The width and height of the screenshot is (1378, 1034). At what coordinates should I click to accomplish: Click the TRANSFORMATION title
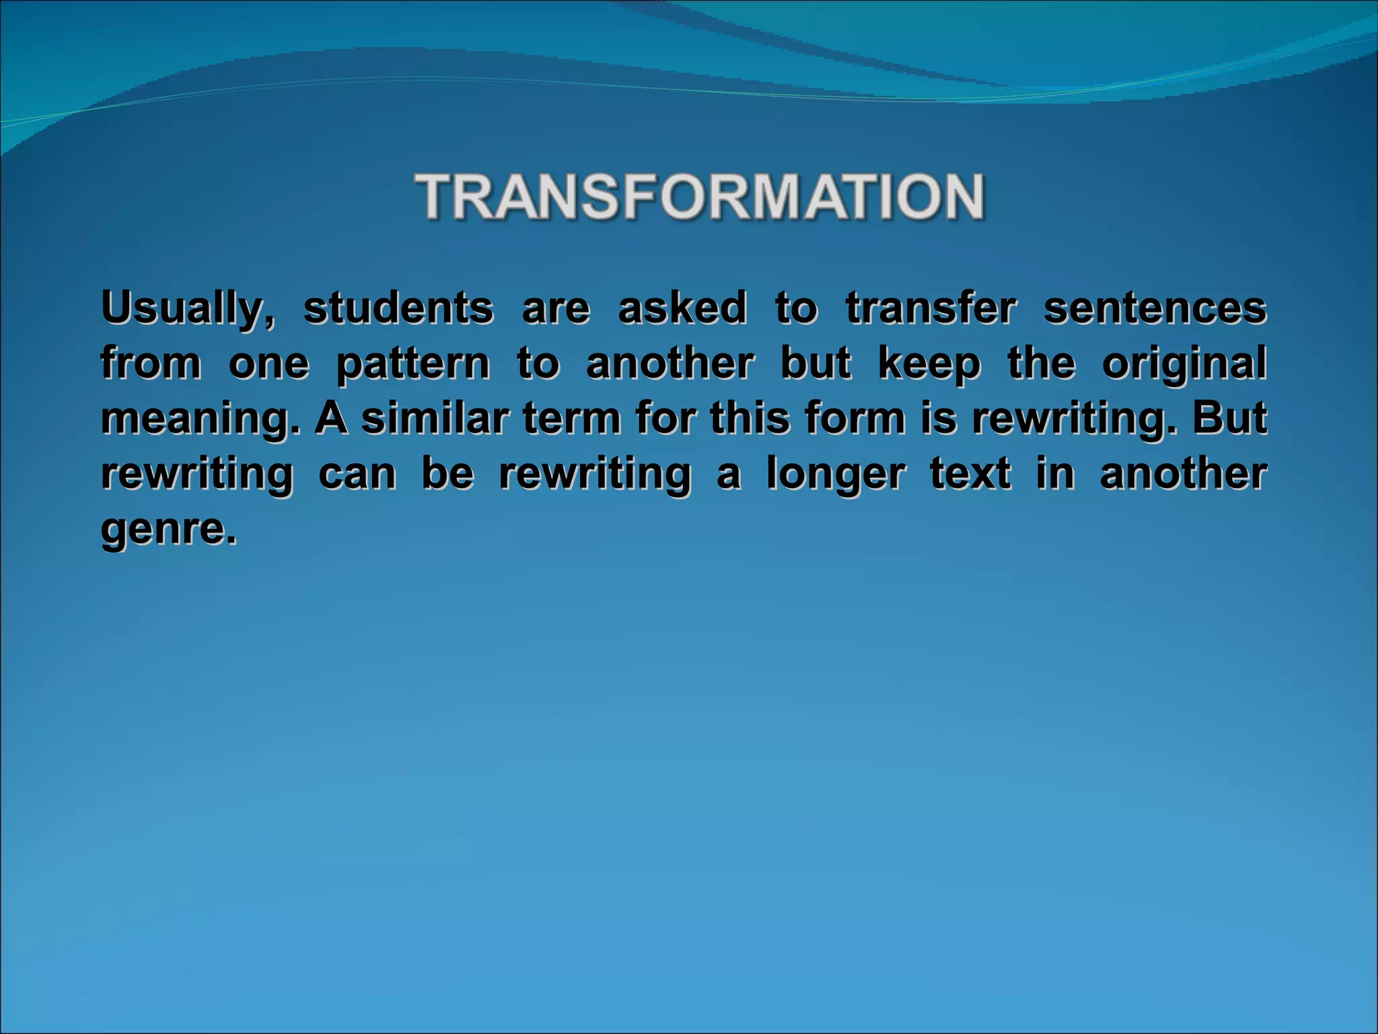click(x=700, y=197)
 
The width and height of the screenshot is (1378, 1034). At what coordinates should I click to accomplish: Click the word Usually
click(x=187, y=308)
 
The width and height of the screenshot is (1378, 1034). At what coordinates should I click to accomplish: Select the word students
click(x=398, y=308)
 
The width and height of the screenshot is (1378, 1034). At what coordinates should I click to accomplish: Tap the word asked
click(x=682, y=308)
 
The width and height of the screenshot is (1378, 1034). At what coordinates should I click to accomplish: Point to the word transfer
click(x=930, y=308)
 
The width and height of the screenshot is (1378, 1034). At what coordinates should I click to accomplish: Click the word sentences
click(x=1155, y=308)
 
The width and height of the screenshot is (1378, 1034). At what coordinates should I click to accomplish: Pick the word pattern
click(x=413, y=365)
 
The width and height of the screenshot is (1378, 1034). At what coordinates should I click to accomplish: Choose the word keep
click(x=929, y=365)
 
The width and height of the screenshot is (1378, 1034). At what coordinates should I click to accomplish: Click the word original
click(x=1184, y=365)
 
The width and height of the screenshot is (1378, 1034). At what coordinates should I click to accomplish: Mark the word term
click(x=571, y=419)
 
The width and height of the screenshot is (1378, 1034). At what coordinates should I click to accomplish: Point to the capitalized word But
click(x=1229, y=419)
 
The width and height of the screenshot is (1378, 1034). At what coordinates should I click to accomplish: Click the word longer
click(x=835, y=475)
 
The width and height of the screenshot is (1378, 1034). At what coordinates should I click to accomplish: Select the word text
click(x=970, y=474)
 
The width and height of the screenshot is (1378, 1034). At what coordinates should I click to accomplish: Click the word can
click(x=357, y=474)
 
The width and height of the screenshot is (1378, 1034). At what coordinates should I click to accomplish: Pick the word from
click(x=151, y=364)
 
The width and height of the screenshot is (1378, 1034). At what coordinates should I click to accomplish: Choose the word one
click(x=268, y=365)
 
